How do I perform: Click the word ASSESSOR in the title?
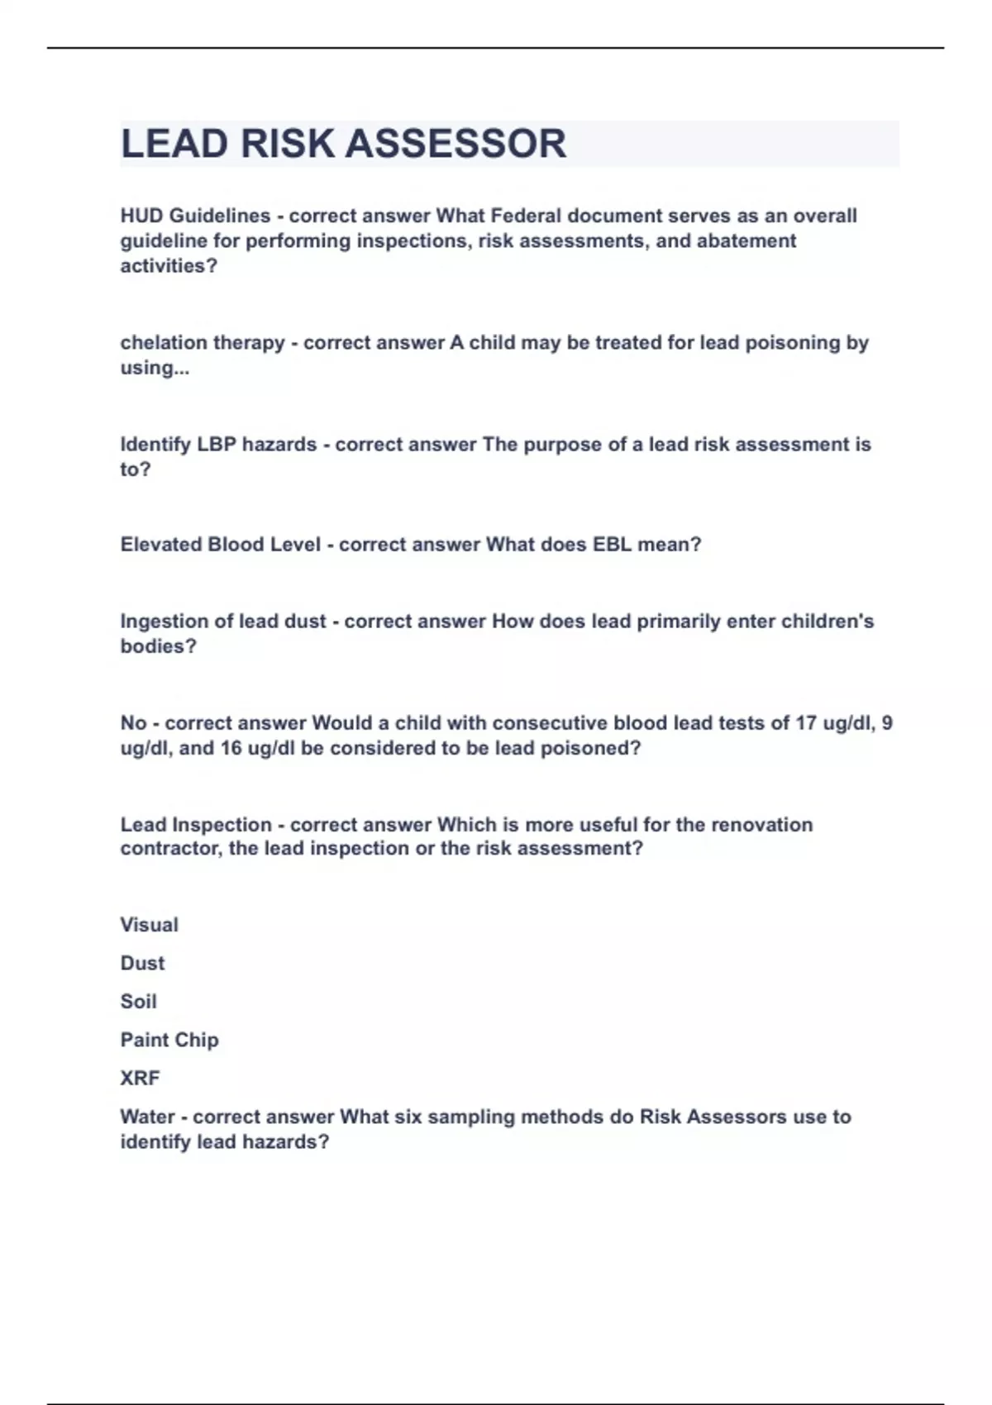point(455,144)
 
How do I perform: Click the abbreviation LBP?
point(217,445)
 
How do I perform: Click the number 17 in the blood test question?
point(806,723)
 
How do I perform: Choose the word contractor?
point(169,849)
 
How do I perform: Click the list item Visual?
point(149,925)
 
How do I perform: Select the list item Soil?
point(138,1002)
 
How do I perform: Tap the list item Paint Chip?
point(169,1040)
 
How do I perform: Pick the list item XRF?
point(140,1079)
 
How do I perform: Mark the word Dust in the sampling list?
point(142,964)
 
